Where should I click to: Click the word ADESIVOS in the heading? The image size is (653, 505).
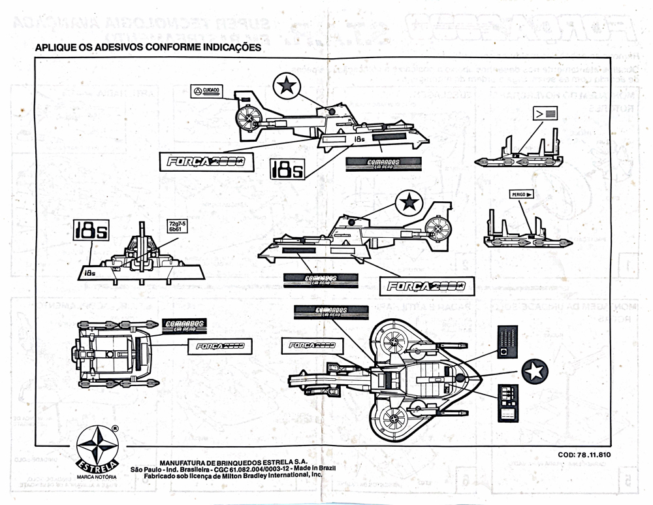109,48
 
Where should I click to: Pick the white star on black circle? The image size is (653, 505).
535,372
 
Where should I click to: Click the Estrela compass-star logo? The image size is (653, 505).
96,446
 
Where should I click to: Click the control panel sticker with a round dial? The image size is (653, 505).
507,342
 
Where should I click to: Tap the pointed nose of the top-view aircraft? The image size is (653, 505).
480,378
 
